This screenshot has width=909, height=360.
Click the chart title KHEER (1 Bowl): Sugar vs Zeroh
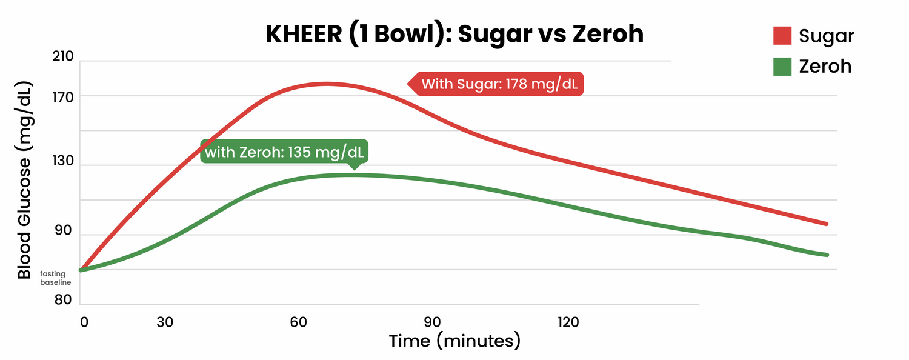(x=454, y=34)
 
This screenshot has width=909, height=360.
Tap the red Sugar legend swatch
(x=782, y=36)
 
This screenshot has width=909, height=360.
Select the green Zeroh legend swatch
(x=782, y=66)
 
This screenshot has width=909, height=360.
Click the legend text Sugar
(x=826, y=36)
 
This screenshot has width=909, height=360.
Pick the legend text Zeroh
(x=825, y=66)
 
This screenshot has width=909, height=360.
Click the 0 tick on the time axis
(x=84, y=322)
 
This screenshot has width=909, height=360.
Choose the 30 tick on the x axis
(x=165, y=322)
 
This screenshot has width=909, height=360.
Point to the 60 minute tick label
(x=298, y=322)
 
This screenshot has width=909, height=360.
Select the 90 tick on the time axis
(x=431, y=322)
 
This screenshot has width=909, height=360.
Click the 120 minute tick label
(x=568, y=322)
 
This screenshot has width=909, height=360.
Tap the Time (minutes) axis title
(x=454, y=341)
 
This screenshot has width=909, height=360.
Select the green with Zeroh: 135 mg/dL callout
(x=285, y=152)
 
